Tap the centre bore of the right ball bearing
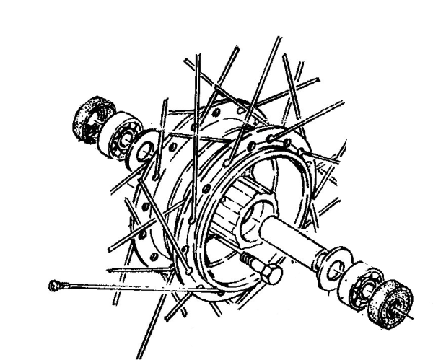[364, 284]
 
